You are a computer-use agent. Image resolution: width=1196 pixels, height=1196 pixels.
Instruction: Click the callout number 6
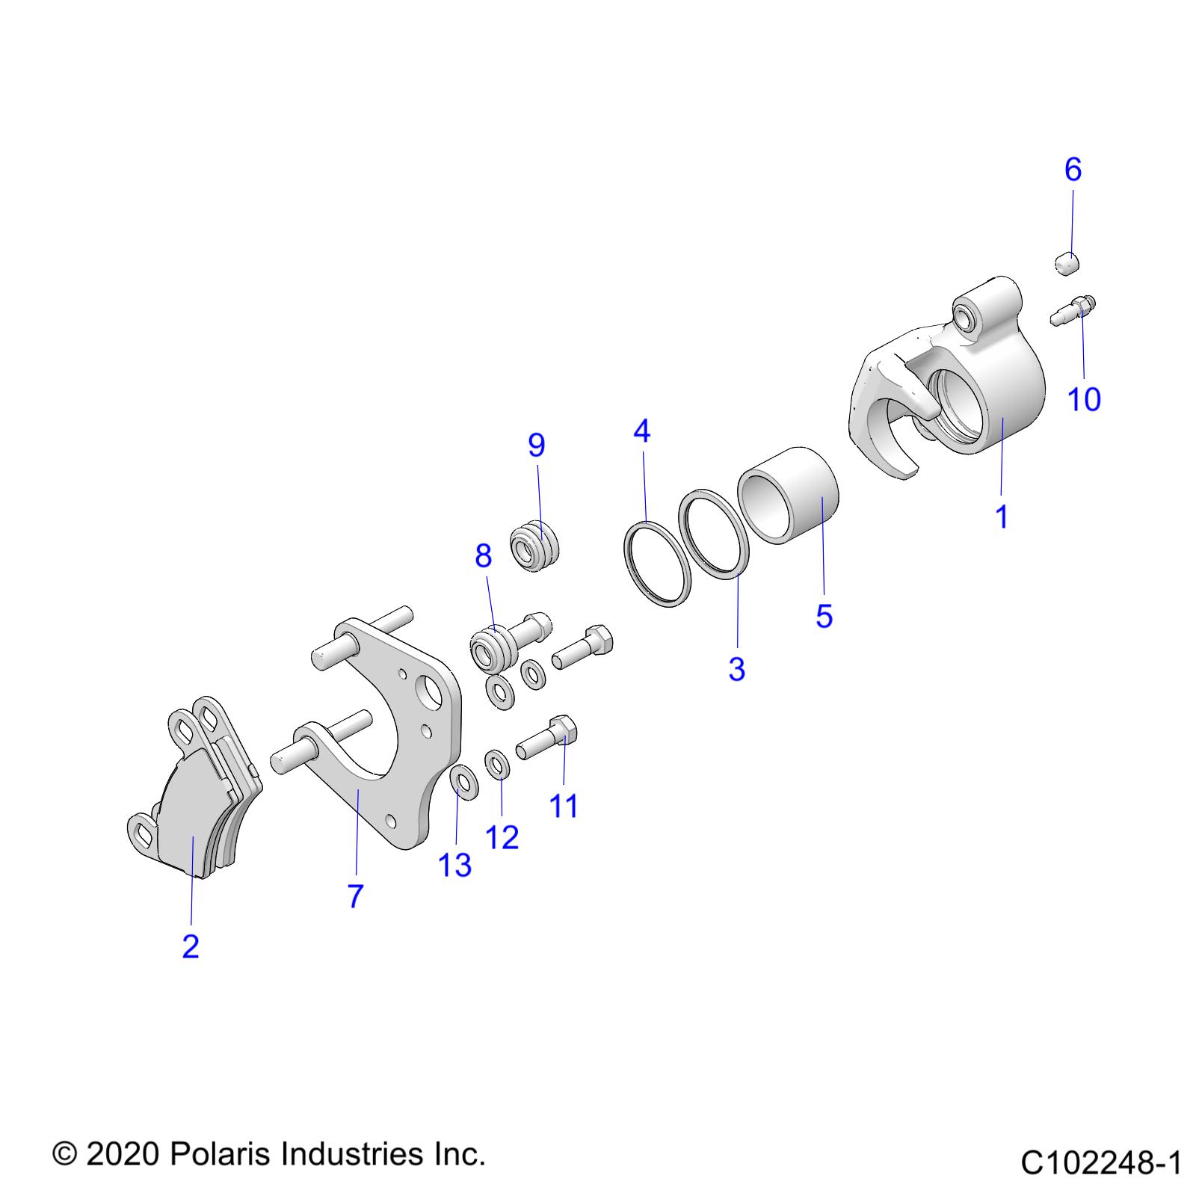(1073, 170)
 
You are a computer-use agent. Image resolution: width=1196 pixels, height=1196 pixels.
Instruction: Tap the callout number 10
(1084, 400)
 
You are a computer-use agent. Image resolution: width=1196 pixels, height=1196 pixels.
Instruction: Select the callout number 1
(1002, 517)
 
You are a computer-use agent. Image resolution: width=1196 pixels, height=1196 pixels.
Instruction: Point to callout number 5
(824, 617)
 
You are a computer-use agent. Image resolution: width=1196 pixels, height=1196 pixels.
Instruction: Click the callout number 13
(455, 866)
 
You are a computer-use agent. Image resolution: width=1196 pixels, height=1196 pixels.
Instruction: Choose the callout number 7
(355, 896)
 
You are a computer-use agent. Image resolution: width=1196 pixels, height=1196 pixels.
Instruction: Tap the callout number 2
(191, 947)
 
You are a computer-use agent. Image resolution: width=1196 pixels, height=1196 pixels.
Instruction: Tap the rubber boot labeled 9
(535, 544)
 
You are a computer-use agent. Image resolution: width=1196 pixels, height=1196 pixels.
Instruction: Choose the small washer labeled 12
(499, 766)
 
